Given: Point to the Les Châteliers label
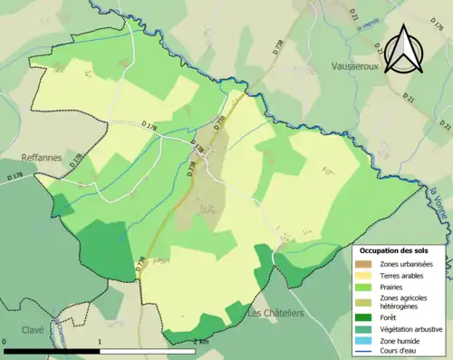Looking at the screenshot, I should click(275, 314).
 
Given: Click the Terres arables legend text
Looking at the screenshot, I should click(404, 274).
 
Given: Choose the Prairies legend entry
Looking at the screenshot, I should click(395, 286).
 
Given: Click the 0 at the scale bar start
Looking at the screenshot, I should click(5, 343).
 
